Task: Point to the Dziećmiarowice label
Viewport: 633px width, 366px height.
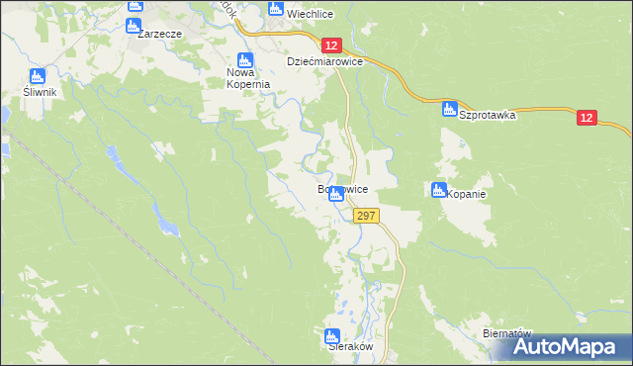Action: click(325, 61)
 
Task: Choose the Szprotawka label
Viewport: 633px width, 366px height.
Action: click(488, 114)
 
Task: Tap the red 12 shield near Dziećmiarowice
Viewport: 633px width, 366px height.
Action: click(331, 45)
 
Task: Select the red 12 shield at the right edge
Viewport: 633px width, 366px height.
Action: click(587, 118)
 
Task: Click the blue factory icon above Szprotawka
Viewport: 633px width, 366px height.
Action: click(450, 108)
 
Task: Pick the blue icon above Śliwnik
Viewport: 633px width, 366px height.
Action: click(37, 76)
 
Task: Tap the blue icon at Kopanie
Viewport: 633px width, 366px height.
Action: click(439, 189)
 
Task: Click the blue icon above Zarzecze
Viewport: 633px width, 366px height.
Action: click(136, 6)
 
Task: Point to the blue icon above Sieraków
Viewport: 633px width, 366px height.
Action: click(332, 335)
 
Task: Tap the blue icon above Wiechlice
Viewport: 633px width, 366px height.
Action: click(276, 10)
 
